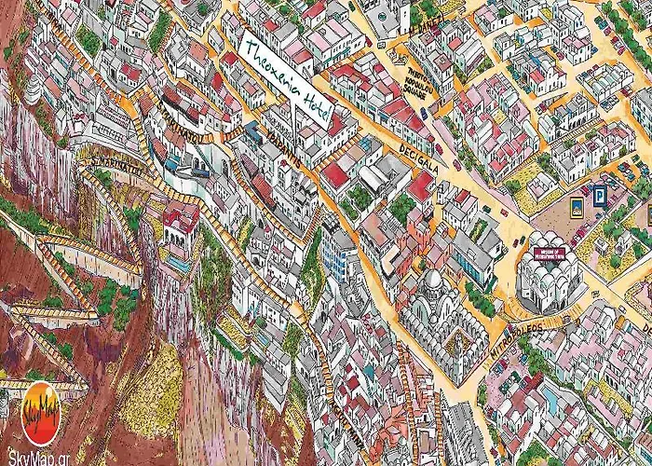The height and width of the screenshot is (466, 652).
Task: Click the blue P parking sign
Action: tap(601, 196)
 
